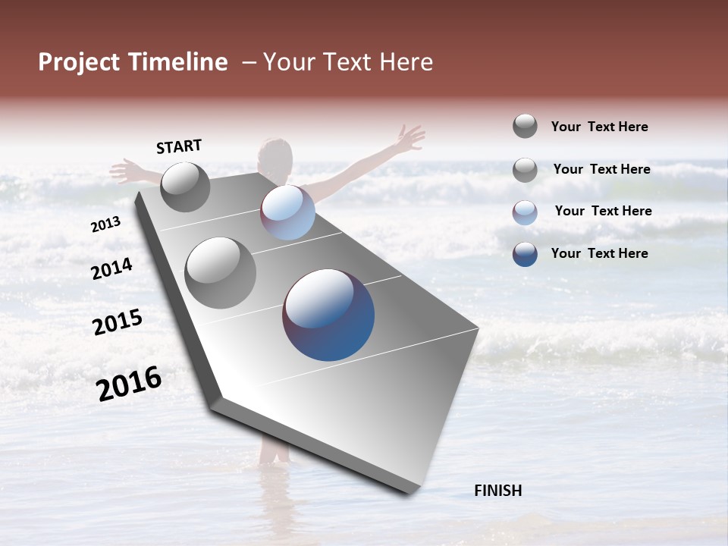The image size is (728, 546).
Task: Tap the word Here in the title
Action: [x=406, y=62]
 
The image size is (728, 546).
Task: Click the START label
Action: [x=179, y=146]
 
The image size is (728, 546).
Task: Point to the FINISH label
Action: [x=498, y=491]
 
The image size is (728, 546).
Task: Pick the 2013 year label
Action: [x=105, y=224]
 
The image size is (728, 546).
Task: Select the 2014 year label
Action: [x=112, y=268]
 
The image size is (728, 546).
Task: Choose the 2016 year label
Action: [x=129, y=384]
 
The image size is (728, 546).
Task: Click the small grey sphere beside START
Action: [x=185, y=187]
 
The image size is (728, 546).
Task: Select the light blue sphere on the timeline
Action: [x=287, y=212]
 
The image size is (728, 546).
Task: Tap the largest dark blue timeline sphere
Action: [x=328, y=315]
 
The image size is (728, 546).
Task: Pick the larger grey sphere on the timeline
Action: [x=221, y=273]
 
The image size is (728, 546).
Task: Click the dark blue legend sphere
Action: [x=525, y=254]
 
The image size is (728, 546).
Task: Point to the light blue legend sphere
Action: [x=525, y=212]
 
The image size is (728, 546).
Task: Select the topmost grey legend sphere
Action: [x=525, y=126]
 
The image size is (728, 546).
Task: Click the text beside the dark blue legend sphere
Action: [x=599, y=253]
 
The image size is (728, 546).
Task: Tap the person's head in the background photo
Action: [x=275, y=155]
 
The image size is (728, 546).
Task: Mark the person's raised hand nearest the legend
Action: [x=412, y=139]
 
